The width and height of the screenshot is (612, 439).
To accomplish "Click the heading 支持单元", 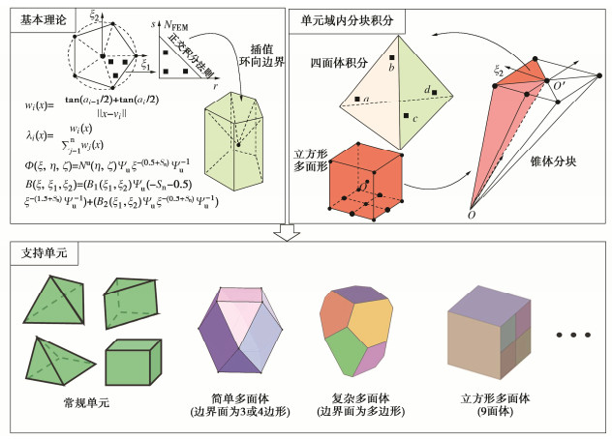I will (40, 253).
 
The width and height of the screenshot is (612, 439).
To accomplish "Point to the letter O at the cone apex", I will (472, 215).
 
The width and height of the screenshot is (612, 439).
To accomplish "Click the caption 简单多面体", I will (236, 397).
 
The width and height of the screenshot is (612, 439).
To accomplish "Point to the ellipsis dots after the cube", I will (573, 336).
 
